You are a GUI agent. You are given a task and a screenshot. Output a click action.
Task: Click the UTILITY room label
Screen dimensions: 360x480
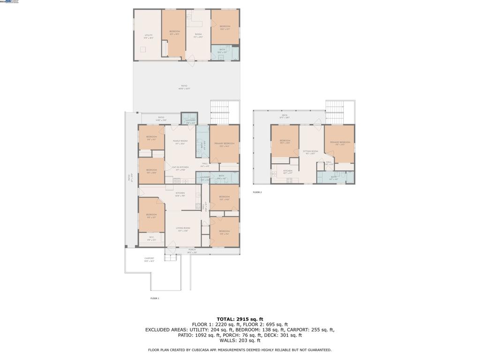coord(148,36)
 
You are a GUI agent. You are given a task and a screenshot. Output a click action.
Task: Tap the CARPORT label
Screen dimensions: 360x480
coord(149,259)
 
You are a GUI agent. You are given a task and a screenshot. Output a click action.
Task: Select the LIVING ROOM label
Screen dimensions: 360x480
coord(183,229)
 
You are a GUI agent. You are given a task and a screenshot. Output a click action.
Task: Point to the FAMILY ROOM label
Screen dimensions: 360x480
coord(180,142)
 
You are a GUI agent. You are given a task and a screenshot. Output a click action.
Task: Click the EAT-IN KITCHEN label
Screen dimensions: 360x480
coord(180,168)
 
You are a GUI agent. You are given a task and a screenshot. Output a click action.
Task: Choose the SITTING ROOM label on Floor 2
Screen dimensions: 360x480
coord(312,152)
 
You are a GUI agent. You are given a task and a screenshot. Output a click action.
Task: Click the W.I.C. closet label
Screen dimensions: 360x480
coord(151,239)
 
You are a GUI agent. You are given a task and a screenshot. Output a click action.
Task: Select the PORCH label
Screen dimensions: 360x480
coord(192,250)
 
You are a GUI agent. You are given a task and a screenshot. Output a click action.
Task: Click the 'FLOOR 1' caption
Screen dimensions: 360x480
coord(155,298)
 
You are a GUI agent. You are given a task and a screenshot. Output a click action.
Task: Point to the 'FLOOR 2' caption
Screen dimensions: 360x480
coord(257,192)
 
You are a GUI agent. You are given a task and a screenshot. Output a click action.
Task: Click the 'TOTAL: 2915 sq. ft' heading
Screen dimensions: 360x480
coord(240,319)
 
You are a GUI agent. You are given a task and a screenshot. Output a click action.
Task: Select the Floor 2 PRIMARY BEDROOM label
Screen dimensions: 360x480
coord(340,142)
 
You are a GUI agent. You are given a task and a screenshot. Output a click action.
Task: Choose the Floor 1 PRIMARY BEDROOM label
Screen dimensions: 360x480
coord(224,144)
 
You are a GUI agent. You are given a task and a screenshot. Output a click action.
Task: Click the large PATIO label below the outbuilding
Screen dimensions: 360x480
coord(184,87)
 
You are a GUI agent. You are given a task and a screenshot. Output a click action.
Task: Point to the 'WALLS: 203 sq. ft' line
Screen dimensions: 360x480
coord(240,340)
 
